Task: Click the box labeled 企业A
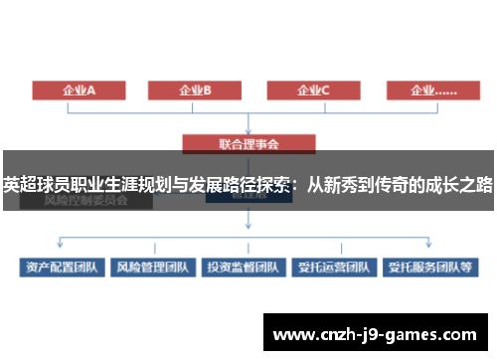coord(80,90)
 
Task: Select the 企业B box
coord(196,90)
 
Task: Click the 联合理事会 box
coord(248,143)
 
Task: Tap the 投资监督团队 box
coord(243,268)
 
